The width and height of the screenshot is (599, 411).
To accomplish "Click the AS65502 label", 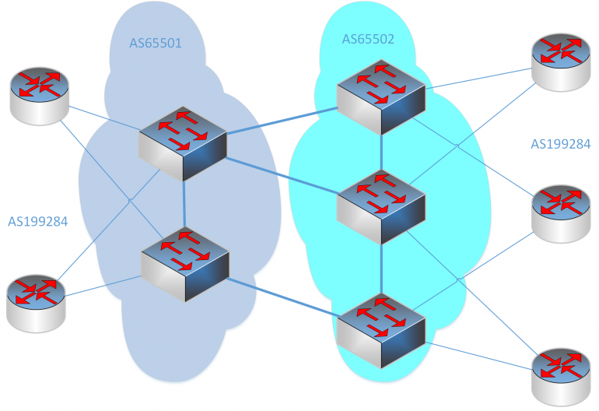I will [x=369, y=39].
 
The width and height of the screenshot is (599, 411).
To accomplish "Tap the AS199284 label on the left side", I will [x=38, y=222].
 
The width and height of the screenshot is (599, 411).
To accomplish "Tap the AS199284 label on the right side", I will [x=560, y=144].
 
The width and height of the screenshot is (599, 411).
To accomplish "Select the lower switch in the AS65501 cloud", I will [x=185, y=263].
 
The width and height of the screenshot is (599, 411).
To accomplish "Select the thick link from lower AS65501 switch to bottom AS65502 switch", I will [x=284, y=295].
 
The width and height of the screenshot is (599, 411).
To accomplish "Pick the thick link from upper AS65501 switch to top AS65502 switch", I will [x=282, y=121].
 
